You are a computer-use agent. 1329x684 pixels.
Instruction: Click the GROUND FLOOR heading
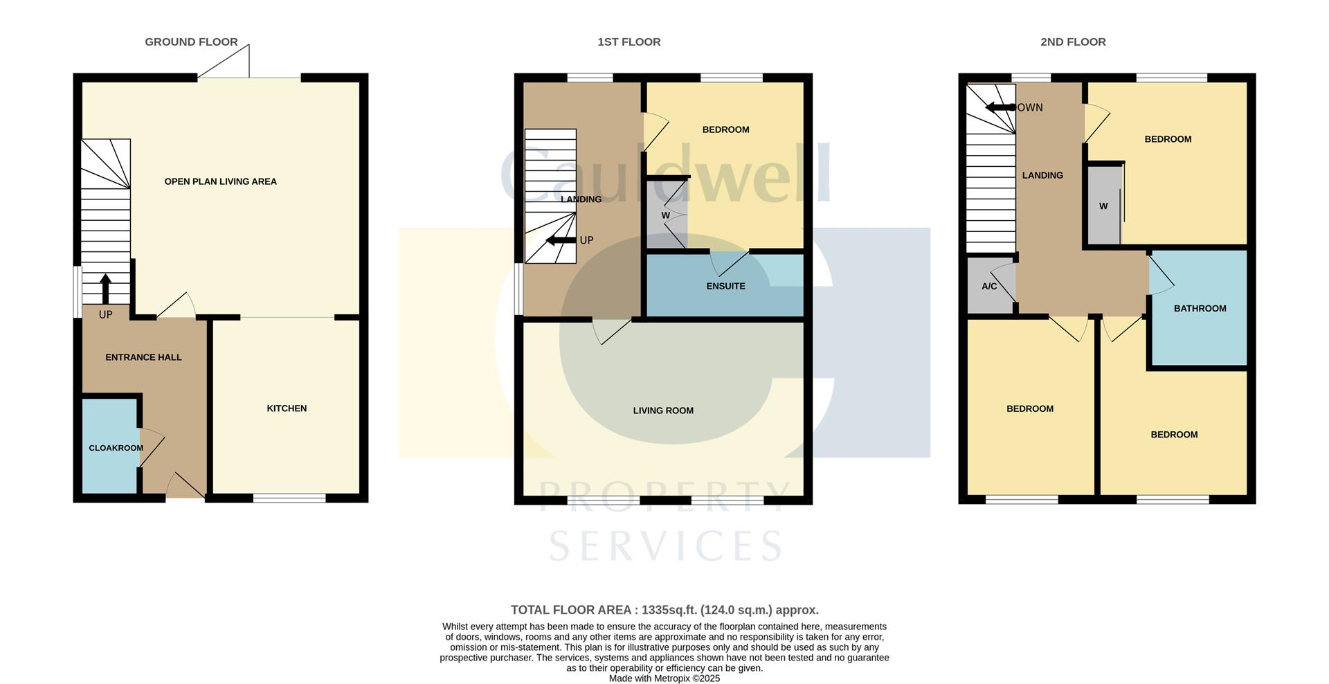point(191,42)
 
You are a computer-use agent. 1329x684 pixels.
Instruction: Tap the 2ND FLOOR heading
point(1072,42)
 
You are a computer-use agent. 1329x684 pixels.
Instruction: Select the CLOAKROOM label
point(116,448)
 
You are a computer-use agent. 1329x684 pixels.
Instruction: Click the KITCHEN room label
point(287,408)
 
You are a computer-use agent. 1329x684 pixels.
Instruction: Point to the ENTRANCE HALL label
point(143,357)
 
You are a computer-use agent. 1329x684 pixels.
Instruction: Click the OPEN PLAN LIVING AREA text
point(220,181)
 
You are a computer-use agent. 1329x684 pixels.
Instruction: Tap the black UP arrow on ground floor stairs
point(105,288)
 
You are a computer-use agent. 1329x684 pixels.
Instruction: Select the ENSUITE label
point(725,286)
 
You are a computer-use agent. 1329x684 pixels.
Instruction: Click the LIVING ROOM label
point(662,411)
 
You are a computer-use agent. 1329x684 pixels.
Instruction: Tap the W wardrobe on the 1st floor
point(665,215)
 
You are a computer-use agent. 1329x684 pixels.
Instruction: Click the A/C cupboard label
point(988,286)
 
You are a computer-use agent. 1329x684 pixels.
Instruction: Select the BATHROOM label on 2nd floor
point(1199,308)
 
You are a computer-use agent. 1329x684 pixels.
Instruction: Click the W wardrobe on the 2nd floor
point(1103,206)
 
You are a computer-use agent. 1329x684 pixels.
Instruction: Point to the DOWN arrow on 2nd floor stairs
point(1000,107)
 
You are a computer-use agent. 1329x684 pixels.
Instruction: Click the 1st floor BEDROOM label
point(725,129)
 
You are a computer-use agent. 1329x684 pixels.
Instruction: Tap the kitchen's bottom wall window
point(289,497)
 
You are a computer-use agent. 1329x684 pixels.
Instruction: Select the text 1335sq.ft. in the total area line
point(669,610)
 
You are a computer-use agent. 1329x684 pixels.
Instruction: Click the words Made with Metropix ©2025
point(664,678)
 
